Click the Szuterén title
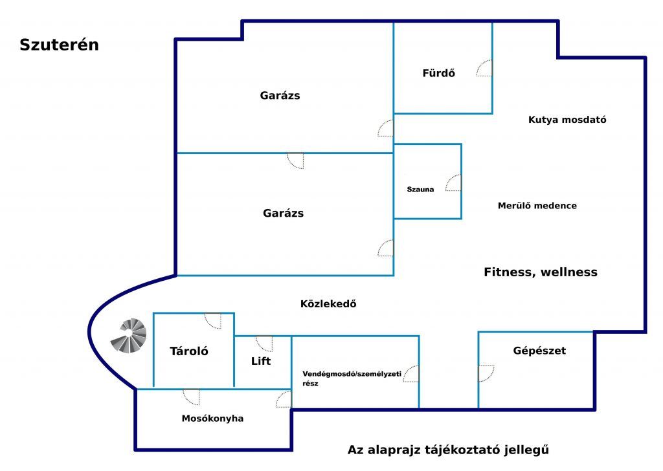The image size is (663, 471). (x=59, y=45)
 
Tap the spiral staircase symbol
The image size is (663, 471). (x=129, y=335)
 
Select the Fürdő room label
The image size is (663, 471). (x=439, y=73)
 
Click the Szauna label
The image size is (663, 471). (x=420, y=190)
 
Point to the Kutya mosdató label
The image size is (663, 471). (x=567, y=120)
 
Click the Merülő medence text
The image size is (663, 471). (x=537, y=205)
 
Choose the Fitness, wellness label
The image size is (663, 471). (x=541, y=272)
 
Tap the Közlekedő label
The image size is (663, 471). (x=328, y=303)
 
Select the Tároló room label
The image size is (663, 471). (x=189, y=351)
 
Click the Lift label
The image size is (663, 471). (x=261, y=361)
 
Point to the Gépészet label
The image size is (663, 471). (x=539, y=350)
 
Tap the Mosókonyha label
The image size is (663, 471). (x=212, y=418)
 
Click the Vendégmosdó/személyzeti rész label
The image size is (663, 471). (x=352, y=378)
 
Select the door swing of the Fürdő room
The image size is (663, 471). (x=484, y=68)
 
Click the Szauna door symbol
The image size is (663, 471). (x=453, y=182)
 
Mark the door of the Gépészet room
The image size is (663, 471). (x=486, y=373)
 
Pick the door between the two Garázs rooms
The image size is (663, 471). (x=295, y=160)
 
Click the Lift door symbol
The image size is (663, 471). (x=264, y=344)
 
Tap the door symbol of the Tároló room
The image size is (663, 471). (x=212, y=321)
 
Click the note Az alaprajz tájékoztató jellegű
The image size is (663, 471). (x=448, y=450)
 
